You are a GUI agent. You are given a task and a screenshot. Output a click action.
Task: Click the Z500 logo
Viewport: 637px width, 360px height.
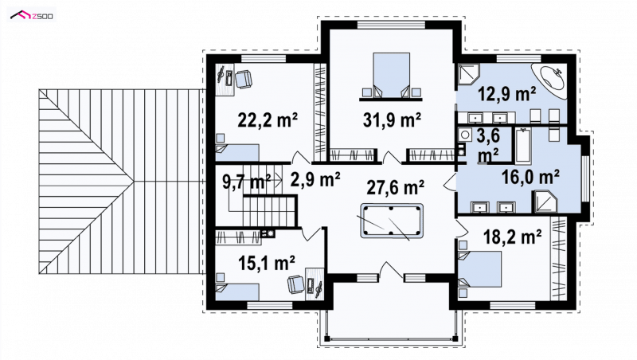32,15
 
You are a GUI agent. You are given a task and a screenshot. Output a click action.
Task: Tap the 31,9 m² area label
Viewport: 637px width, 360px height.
392,119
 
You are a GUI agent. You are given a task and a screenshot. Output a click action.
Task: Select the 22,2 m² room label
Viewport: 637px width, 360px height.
268,119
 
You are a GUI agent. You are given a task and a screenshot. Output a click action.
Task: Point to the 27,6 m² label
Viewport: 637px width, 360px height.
395,187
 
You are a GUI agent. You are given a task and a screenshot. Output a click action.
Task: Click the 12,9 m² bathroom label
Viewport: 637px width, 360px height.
506,94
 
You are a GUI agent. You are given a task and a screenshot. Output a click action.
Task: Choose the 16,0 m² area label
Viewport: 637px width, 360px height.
530,177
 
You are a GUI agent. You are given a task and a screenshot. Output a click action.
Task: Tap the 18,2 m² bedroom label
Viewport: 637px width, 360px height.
512,237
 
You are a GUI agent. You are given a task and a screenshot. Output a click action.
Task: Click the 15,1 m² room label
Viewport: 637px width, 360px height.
266,263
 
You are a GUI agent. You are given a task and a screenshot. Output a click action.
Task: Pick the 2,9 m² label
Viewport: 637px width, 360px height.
315,179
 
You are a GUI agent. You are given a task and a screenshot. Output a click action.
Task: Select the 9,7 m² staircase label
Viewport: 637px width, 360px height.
247,182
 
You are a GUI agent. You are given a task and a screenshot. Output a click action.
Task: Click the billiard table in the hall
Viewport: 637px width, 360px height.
391,221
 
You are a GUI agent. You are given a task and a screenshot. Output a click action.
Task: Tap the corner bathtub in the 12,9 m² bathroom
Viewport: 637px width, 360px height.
549,81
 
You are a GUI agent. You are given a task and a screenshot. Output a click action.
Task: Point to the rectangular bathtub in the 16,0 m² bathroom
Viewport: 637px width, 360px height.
523,145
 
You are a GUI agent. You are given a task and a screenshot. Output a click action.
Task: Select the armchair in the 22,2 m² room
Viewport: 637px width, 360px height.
244,79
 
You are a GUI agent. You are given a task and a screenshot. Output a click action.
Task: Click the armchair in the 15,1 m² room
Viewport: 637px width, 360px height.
295,284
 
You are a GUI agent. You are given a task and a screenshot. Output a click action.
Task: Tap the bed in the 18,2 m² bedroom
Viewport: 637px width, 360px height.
479,268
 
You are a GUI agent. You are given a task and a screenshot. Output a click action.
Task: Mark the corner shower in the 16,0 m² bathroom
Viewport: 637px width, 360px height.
545,202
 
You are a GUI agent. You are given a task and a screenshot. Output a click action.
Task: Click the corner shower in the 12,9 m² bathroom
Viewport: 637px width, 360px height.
469,74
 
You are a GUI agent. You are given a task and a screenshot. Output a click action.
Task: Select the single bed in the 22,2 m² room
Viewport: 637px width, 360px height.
237,153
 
